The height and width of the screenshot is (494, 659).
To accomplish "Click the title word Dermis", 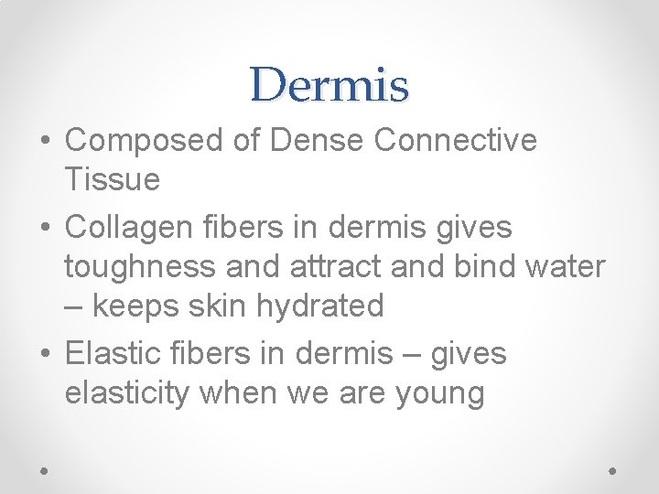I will tap(329, 85).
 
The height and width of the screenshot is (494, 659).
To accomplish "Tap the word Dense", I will tap(319, 141).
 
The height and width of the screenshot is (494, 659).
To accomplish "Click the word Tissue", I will tap(112, 180).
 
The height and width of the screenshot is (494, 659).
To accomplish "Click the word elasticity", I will tap(127, 393).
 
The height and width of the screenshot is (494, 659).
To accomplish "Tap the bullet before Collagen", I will tap(45, 227).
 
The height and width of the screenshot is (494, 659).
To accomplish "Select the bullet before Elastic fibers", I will tap(45, 353).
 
